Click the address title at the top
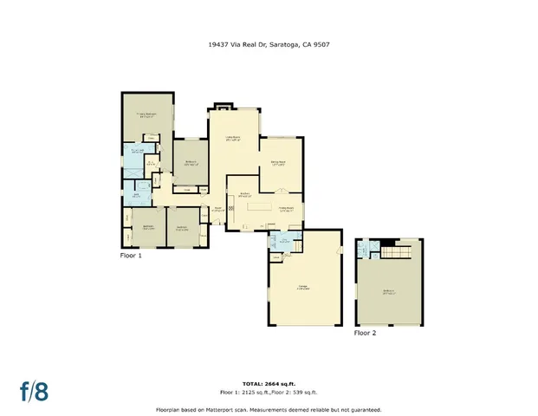[268, 44]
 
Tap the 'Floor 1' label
[130, 256]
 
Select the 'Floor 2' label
[365, 333]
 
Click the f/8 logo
[35, 390]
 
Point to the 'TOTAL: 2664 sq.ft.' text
[268, 384]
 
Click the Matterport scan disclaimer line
[268, 409]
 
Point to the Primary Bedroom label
[145, 114]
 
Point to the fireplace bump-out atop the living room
[221, 107]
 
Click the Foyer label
[219, 209]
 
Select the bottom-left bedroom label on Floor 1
[148, 229]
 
